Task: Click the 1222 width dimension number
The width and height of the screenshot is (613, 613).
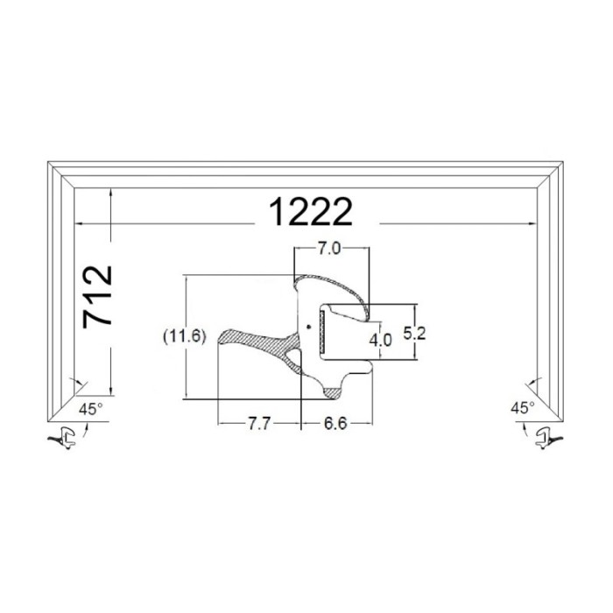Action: click(311, 212)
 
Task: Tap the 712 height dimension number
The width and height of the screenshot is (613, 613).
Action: click(97, 297)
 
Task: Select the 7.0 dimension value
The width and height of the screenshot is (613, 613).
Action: click(328, 249)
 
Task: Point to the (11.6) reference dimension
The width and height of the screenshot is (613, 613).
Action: click(184, 336)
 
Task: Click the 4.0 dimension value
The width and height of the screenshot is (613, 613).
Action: click(380, 340)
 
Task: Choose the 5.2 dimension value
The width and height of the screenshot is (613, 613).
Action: click(414, 334)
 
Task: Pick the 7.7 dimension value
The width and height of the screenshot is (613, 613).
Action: click(259, 423)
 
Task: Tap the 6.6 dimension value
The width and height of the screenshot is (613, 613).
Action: click(335, 423)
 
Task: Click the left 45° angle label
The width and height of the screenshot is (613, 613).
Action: click(91, 409)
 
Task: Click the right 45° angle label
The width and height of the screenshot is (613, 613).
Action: click(523, 408)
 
